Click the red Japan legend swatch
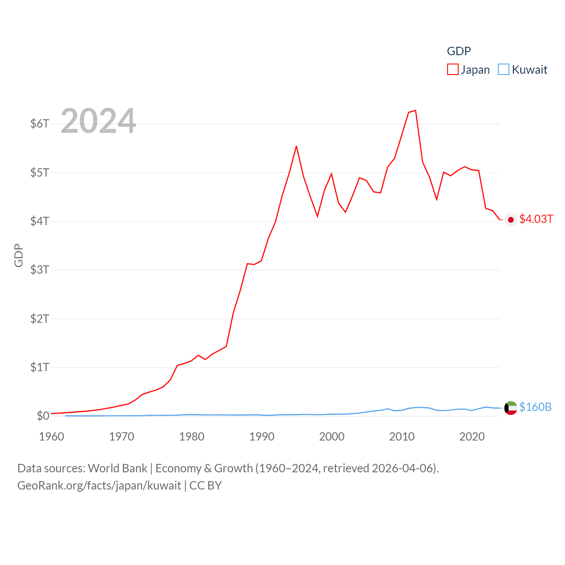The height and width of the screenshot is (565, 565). coord(453,69)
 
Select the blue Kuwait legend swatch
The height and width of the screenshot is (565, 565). coord(504,69)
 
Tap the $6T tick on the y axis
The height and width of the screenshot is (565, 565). coord(40,124)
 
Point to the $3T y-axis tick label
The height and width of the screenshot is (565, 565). coord(40,270)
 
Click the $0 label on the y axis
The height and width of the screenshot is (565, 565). coord(43,416)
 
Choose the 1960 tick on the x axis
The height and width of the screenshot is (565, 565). coord(52,437)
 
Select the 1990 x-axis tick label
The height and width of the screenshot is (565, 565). coord(262,437)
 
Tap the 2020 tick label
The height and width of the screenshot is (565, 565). coord(472,437)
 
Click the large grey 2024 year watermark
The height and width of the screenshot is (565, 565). coord(98,121)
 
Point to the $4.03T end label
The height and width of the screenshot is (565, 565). coord(536,219)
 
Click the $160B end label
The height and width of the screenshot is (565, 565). coord(535,407)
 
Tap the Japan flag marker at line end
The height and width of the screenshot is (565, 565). coord(511,220)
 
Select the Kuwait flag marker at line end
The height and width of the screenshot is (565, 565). coord(511,408)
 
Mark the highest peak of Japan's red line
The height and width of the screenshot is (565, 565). coord(415,110)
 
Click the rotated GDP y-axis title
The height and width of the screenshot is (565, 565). coord(18,255)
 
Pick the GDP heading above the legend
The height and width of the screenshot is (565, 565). coord(459,51)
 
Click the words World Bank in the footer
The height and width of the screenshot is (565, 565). coord(117,468)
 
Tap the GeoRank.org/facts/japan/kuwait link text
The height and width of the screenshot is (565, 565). coord(99,486)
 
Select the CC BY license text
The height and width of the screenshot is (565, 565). coord(205,486)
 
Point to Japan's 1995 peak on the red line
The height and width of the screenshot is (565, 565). coord(296,146)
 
